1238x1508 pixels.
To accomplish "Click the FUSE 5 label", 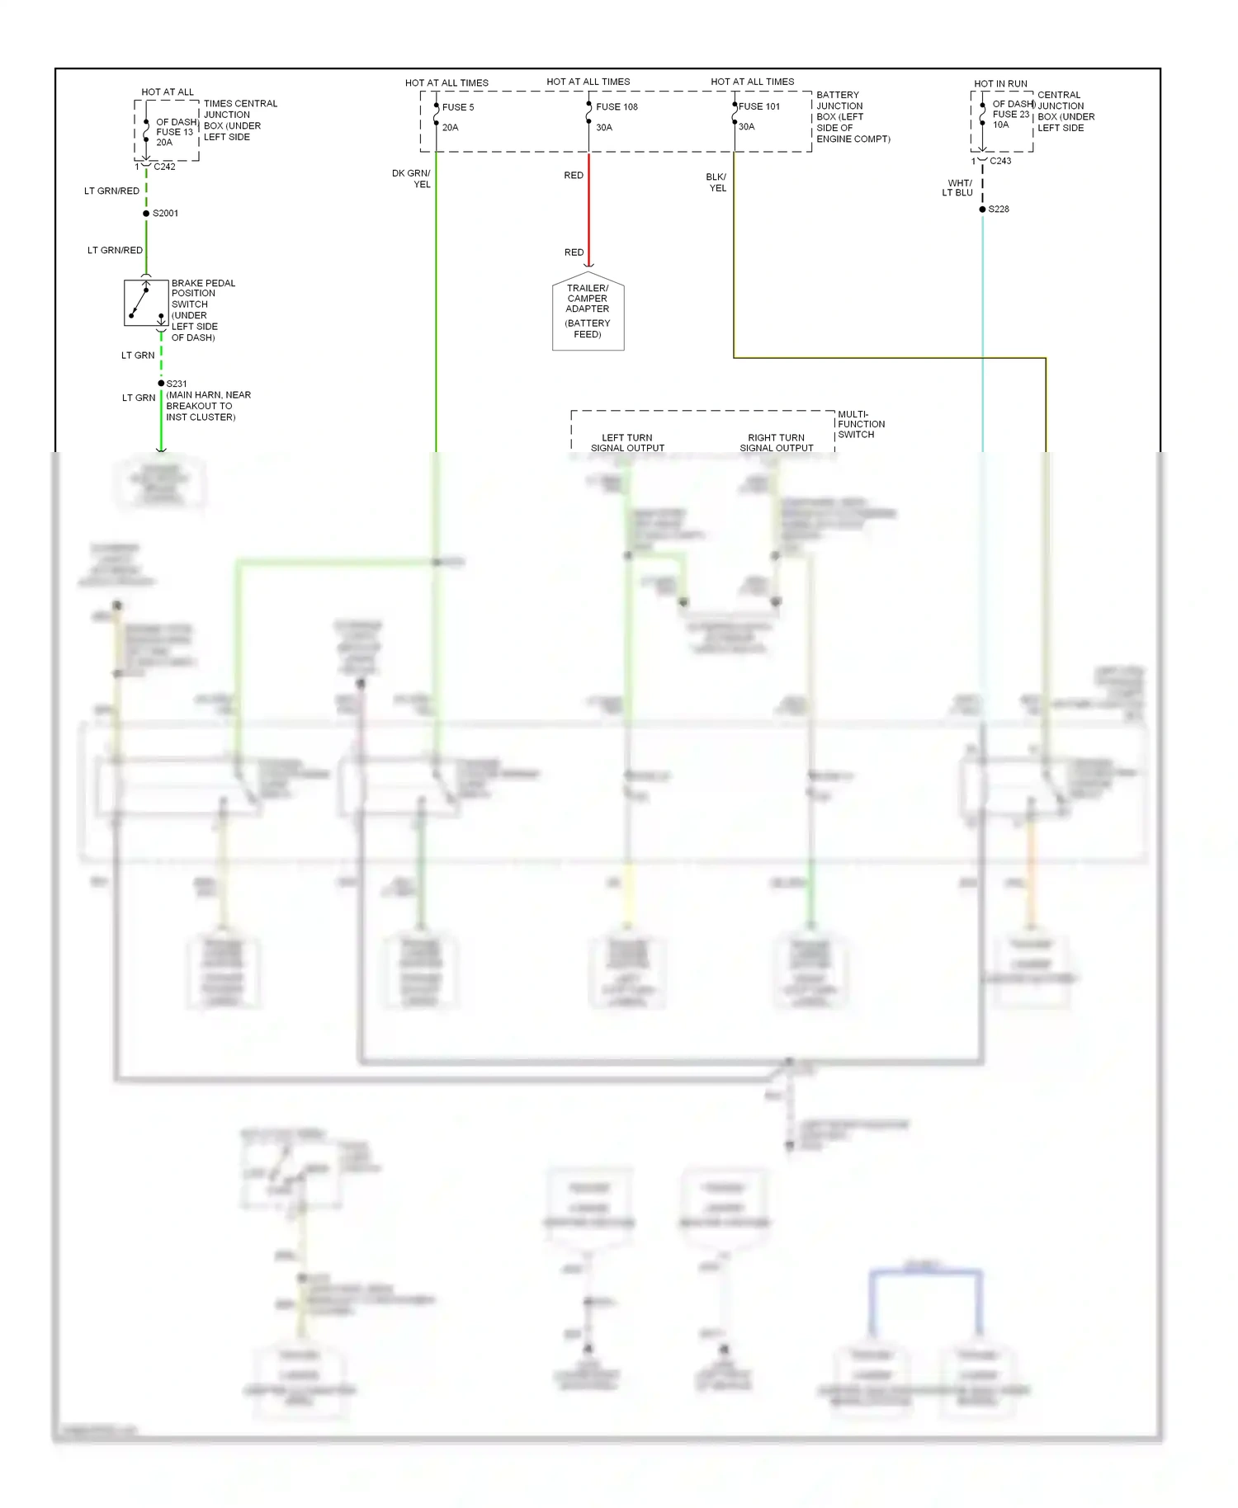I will [458, 107].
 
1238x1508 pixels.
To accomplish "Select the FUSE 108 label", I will [617, 107].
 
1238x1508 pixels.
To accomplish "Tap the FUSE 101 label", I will [759, 106].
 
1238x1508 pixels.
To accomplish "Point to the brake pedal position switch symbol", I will [146, 303].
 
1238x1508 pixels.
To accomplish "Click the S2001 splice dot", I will [146, 214].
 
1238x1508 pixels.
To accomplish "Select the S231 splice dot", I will [161, 384].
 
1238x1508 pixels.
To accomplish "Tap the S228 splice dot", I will [982, 210].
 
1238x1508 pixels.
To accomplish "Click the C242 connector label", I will [164, 167].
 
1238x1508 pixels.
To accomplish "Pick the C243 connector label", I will [1000, 161].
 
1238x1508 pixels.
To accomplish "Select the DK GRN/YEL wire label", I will [412, 179].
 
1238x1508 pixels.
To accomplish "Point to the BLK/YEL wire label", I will [716, 182].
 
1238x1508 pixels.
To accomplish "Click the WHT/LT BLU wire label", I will [958, 188].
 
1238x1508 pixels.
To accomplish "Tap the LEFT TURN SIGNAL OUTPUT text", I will [627, 443].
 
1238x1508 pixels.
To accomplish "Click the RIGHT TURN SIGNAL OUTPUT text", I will [776, 443].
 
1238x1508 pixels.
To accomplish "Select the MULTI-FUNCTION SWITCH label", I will [861, 424].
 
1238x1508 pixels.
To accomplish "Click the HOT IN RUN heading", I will [1000, 84].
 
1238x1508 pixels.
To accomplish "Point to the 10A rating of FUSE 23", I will [1000, 125].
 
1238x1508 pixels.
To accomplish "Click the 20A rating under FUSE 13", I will [164, 143].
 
